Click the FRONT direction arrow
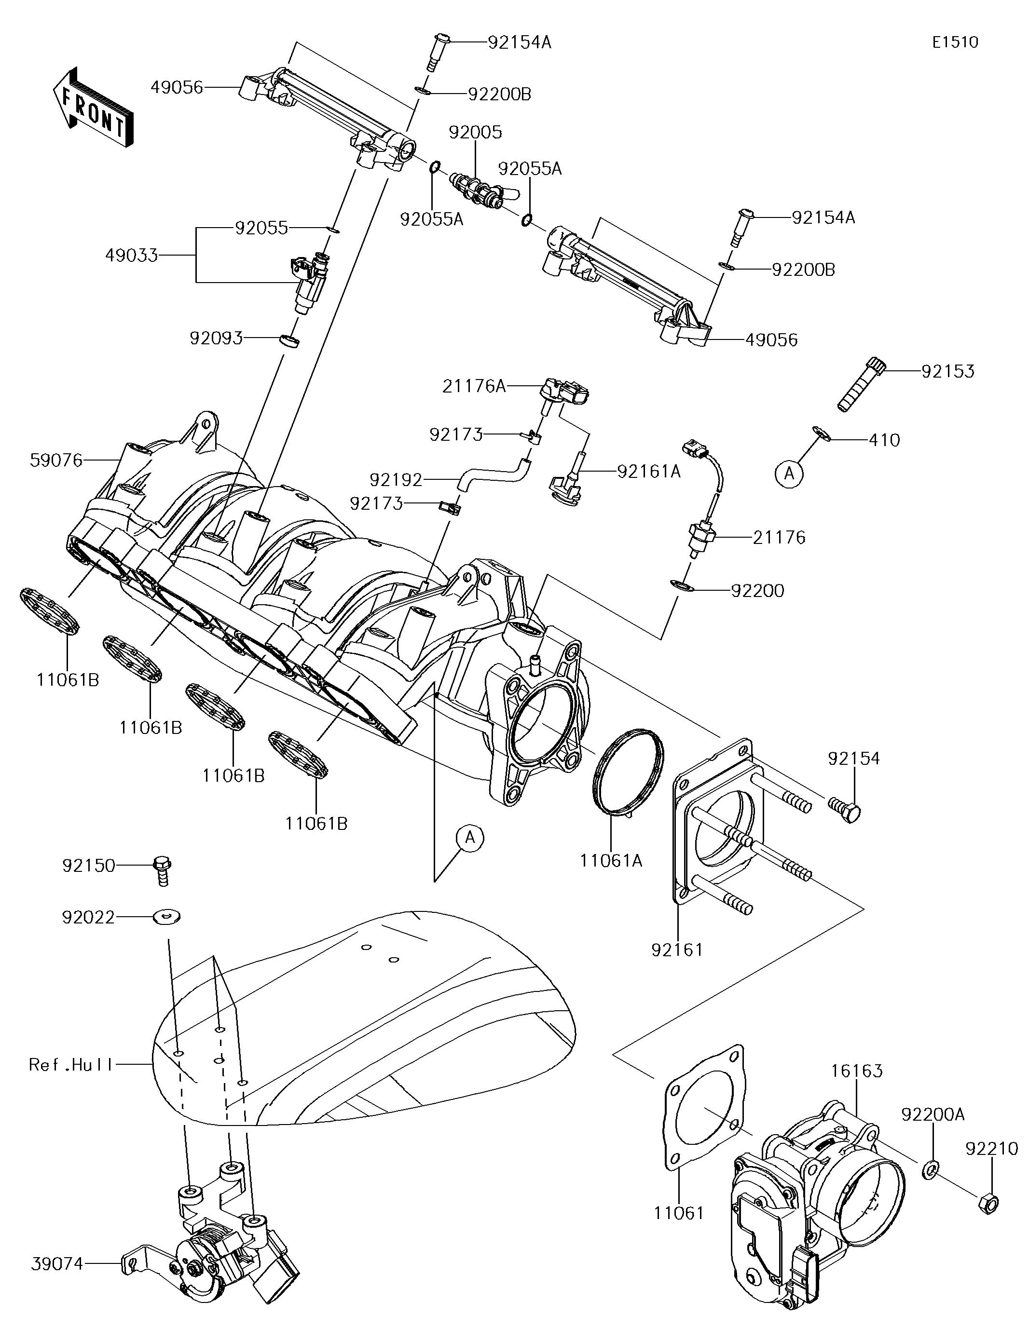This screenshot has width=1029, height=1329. tap(93, 106)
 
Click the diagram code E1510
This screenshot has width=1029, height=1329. tap(955, 42)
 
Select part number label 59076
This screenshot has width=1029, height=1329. tap(56, 461)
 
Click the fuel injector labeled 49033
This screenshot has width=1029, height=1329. tap(310, 283)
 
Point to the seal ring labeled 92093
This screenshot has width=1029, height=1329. tap(289, 339)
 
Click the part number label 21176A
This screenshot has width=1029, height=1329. tap(474, 386)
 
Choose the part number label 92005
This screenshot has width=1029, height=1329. tap(476, 132)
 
